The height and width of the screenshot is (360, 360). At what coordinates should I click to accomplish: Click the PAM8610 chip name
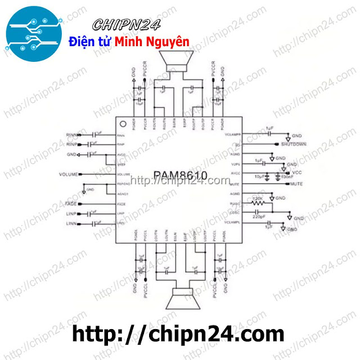tap(180, 176)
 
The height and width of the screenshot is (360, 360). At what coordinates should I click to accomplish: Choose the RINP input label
tap(73, 145)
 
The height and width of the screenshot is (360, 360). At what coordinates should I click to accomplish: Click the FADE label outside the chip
tap(71, 203)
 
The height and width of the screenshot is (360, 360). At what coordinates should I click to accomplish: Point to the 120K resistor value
tap(258, 199)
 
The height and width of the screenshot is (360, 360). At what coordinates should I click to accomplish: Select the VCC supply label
tap(298, 172)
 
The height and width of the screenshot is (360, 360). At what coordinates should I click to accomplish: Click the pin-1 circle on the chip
tap(121, 122)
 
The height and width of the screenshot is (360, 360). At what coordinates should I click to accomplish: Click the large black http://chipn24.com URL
tap(179, 334)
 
